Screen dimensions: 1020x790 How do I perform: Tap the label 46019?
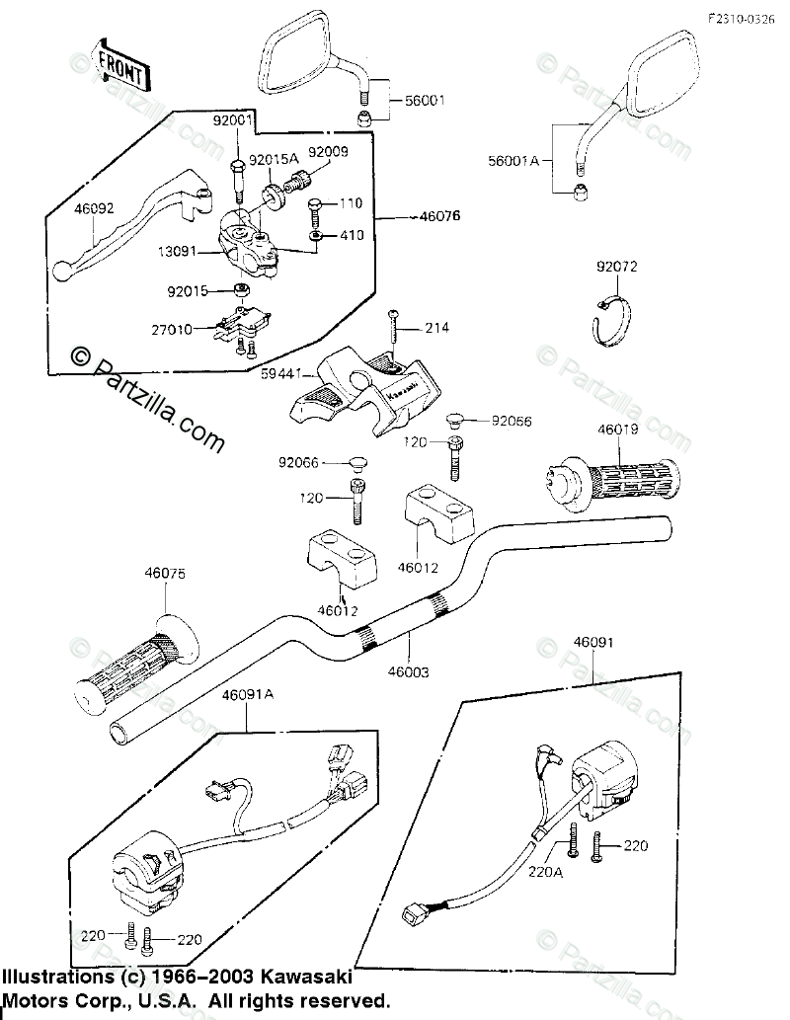(x=616, y=431)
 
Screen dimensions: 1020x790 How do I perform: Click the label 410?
(x=352, y=235)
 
